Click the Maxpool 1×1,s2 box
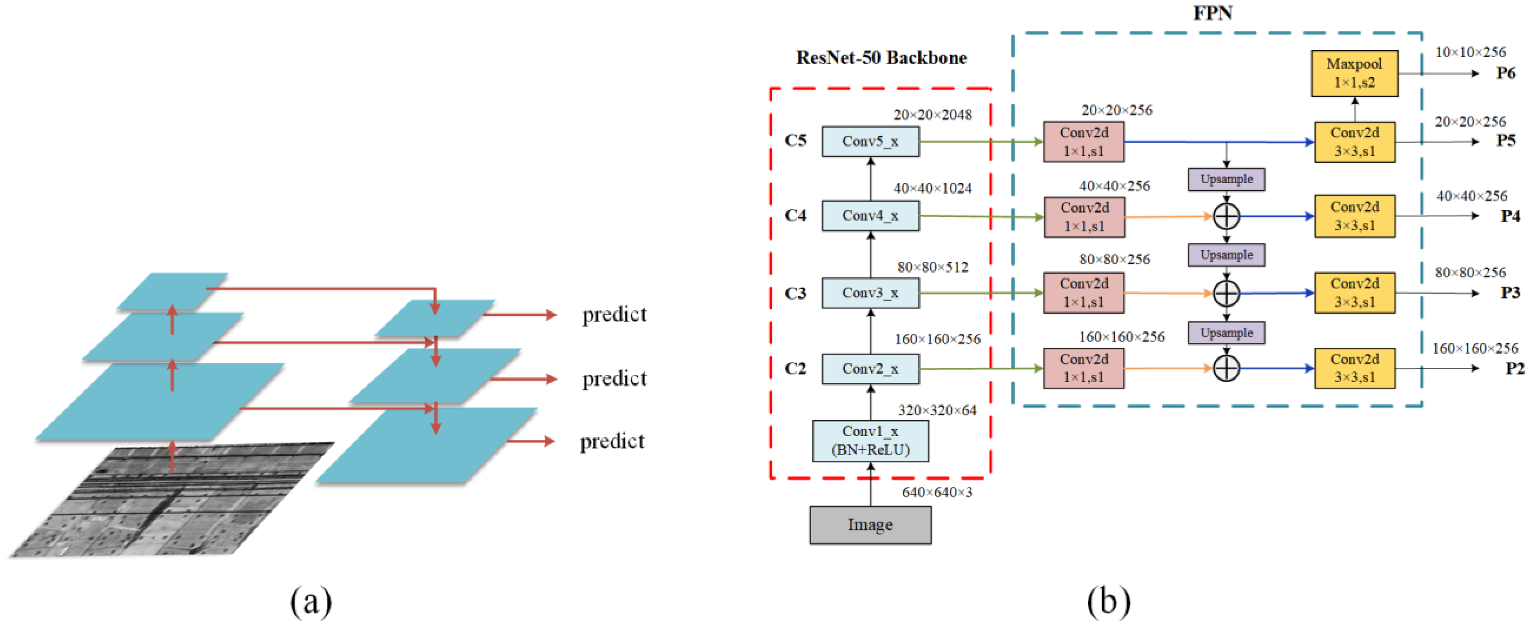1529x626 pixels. (x=1354, y=73)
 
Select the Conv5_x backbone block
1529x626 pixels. (x=870, y=141)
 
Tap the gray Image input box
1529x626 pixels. (x=870, y=524)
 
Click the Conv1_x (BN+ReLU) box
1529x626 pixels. (x=870, y=441)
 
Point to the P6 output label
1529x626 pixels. (x=1506, y=73)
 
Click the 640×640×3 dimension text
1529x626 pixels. (x=937, y=492)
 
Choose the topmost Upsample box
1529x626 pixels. (x=1226, y=179)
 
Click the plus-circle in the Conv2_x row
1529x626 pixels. (x=1226, y=368)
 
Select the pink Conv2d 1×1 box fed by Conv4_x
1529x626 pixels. (x=1084, y=217)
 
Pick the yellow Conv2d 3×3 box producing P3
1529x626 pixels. (x=1354, y=293)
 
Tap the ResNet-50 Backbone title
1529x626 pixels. (x=881, y=58)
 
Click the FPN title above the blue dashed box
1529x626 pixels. (x=1212, y=13)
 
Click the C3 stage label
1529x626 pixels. (x=795, y=293)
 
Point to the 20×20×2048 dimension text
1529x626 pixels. (x=932, y=115)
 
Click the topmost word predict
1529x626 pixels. (x=614, y=315)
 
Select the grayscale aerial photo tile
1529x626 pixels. (x=172, y=501)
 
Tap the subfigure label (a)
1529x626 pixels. (x=311, y=602)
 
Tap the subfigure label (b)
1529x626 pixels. (x=1108, y=602)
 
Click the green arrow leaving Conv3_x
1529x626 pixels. (x=979, y=293)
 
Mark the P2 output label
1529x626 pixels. (x=1514, y=368)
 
